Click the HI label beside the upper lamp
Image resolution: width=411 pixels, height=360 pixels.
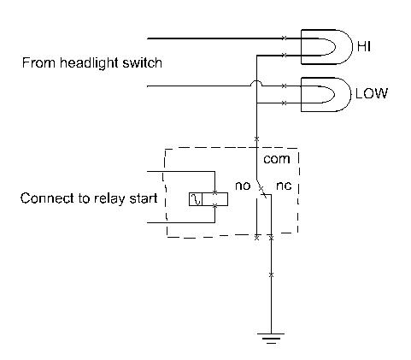[x=364, y=46]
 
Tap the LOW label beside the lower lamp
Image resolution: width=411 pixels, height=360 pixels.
[x=372, y=93]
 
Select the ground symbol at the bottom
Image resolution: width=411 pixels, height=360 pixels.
[x=271, y=338]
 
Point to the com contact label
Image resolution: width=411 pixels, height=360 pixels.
[x=277, y=159]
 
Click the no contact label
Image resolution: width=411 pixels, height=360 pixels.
[x=243, y=186]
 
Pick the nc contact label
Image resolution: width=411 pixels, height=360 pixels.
[x=284, y=186]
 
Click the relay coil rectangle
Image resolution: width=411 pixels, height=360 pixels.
[x=208, y=199]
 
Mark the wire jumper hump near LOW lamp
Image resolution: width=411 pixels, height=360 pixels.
[x=256, y=83]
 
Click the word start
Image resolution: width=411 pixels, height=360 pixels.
[x=144, y=198]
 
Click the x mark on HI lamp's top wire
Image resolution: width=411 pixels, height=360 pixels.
[x=284, y=38]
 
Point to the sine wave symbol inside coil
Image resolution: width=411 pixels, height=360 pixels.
[x=196, y=199]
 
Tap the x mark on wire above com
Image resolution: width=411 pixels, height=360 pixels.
[x=256, y=139]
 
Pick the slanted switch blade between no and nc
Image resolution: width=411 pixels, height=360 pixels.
[x=261, y=189]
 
